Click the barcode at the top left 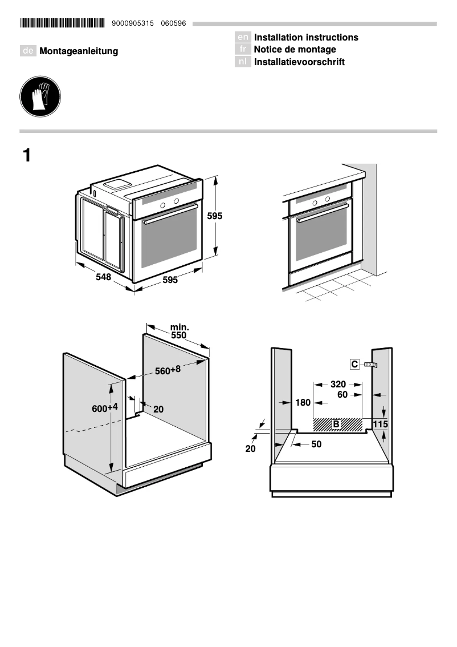62,23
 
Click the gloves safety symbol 40,97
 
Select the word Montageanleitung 79,51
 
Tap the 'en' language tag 243,37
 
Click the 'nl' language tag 243,62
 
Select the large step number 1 27,155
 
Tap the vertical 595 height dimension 214,216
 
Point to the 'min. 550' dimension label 179,331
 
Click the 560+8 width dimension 168,370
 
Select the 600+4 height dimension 105,408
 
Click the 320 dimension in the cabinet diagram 338,384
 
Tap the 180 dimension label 303,403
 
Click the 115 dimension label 380,424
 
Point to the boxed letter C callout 354,364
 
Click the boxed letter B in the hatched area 336,424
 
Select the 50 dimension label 316,444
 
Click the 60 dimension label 342,394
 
